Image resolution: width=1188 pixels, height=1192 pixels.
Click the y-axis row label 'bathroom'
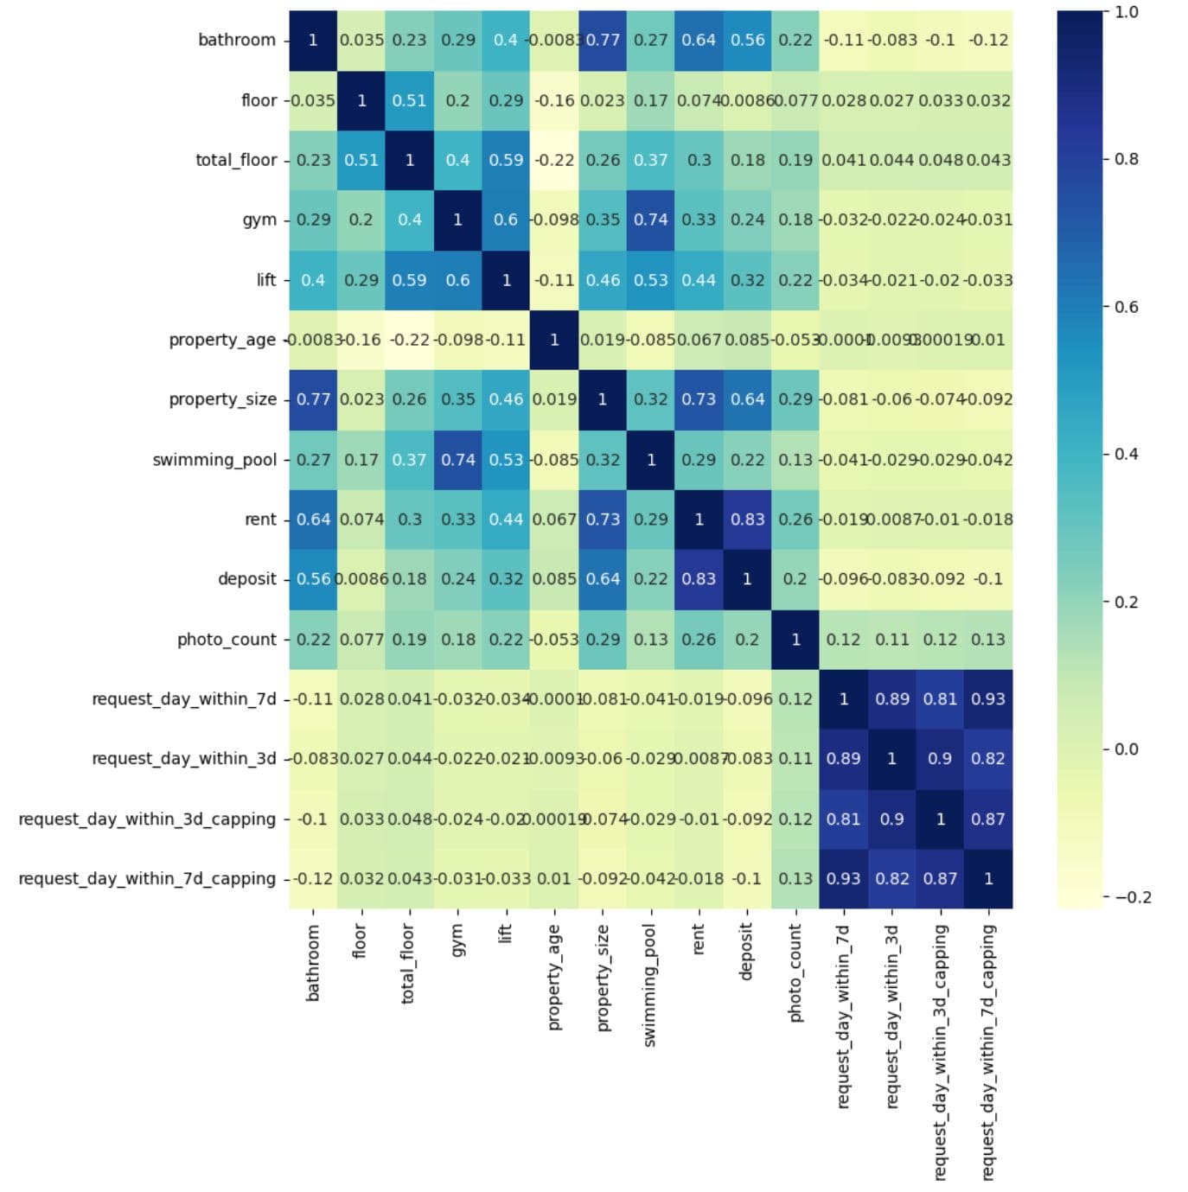[x=236, y=40]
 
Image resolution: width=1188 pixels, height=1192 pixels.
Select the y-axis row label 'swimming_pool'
[x=214, y=460]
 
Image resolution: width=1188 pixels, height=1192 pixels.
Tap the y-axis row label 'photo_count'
[x=227, y=640]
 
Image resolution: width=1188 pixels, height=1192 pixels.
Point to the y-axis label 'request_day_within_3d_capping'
[x=147, y=819]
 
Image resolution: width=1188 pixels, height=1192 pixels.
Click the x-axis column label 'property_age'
[x=554, y=977]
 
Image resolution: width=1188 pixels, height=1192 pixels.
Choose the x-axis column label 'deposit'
[x=747, y=951]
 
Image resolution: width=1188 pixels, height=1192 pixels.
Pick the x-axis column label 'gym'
[x=457, y=940]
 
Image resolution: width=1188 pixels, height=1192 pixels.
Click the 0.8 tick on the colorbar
[x=1126, y=159]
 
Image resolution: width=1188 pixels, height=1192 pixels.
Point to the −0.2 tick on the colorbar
[x=1132, y=897]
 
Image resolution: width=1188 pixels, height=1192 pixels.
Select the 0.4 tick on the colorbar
[x=1126, y=454]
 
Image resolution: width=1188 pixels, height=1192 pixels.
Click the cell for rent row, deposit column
[x=747, y=520]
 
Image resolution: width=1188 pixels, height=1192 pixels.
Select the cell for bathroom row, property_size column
[x=603, y=40]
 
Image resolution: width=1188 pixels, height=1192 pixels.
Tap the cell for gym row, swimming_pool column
[x=651, y=220]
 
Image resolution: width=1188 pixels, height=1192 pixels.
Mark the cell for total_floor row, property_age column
[x=554, y=160]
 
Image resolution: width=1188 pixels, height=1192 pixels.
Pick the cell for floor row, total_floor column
[x=409, y=100]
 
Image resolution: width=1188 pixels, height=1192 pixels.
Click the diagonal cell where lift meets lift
[x=506, y=280]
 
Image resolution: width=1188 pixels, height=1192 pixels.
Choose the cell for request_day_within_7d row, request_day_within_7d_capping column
[x=988, y=699]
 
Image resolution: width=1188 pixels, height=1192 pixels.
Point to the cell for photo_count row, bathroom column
[x=313, y=640]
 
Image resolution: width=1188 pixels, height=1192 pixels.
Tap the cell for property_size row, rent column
[x=699, y=399]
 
